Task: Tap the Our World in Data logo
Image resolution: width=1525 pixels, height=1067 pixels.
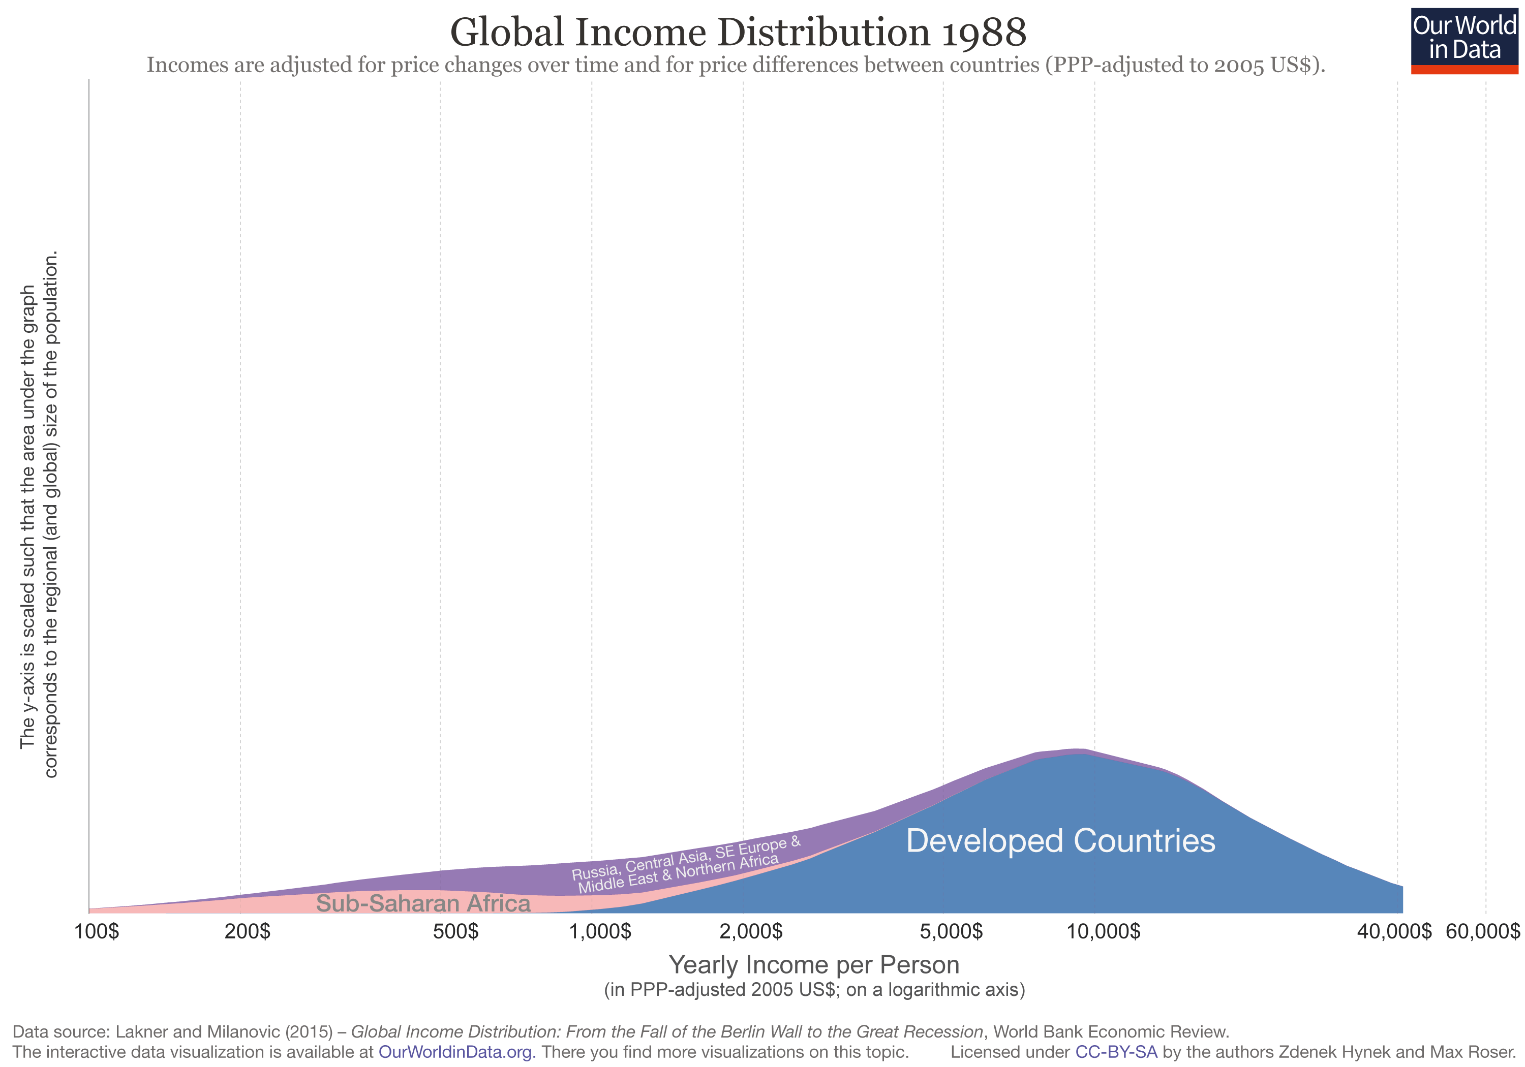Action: (1464, 40)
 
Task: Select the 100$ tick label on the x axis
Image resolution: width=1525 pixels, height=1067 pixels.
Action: (97, 931)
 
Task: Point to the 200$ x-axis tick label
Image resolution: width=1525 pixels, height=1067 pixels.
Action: (247, 931)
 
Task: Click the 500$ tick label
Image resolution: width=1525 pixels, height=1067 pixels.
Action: (455, 931)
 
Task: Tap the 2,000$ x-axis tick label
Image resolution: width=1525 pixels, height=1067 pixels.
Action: (751, 931)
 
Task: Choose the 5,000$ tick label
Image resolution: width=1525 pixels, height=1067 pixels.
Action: (951, 931)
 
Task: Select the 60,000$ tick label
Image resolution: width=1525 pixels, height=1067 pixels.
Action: (1482, 931)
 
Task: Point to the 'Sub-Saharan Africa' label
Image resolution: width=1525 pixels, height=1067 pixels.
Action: (423, 903)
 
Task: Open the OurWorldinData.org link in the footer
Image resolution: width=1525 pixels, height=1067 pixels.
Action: (456, 1052)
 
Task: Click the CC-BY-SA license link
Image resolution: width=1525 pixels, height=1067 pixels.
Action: (1116, 1052)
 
